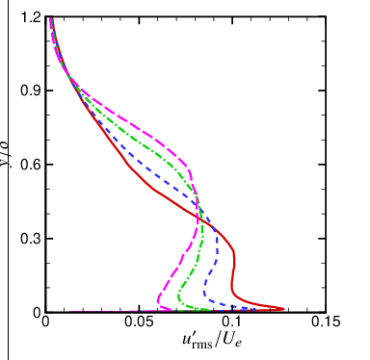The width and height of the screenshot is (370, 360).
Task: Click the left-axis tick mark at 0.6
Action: (x=48, y=165)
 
